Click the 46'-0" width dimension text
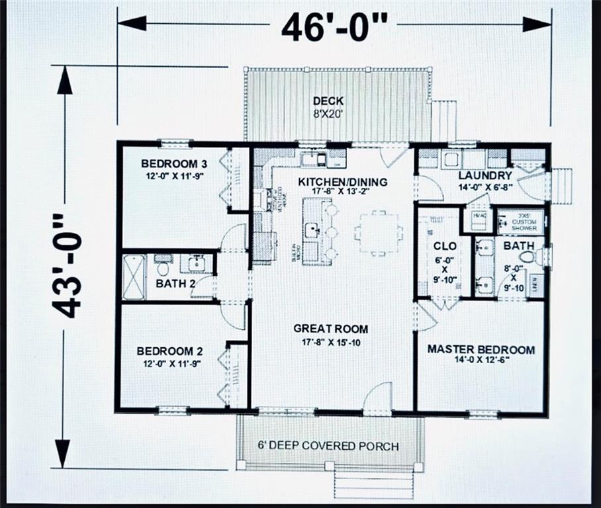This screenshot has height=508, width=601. pyautogui.click(x=334, y=26)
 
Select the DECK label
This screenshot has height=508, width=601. pyautogui.click(x=328, y=101)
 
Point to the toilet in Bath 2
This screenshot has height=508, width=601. pyautogui.click(x=163, y=268)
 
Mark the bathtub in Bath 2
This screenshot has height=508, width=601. pyautogui.click(x=134, y=276)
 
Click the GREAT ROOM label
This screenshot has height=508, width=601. pyautogui.click(x=331, y=329)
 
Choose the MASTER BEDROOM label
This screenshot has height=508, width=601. pyautogui.click(x=481, y=349)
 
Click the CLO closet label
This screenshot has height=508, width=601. pyautogui.click(x=441, y=246)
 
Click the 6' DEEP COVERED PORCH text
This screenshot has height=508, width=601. pyautogui.click(x=328, y=446)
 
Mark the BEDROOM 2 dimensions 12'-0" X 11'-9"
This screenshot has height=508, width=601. pyautogui.click(x=169, y=363)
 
